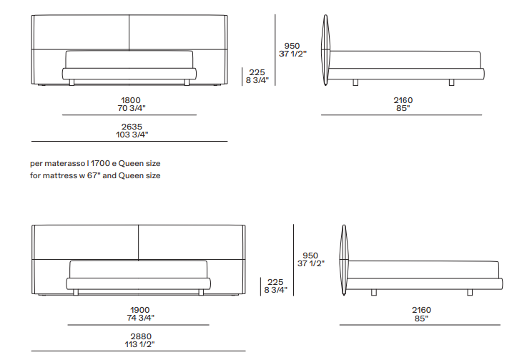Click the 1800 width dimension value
(130, 100)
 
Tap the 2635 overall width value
(132, 127)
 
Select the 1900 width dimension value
(140, 310)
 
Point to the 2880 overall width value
(141, 336)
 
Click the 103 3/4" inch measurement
(132, 135)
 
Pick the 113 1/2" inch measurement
(140, 344)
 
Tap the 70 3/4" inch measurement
(132, 108)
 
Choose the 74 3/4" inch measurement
(140, 318)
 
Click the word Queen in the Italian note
(131, 164)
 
